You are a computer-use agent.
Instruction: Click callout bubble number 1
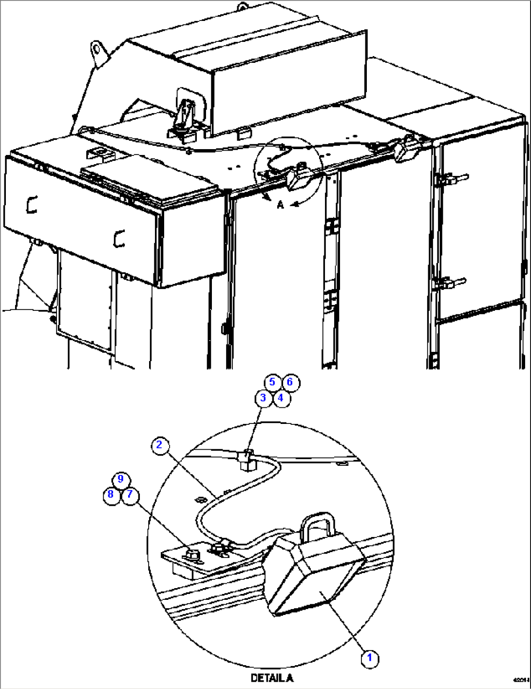[369, 658]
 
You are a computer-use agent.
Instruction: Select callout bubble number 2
[159, 445]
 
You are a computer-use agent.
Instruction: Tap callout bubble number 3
[263, 398]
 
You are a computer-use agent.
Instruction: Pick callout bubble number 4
[281, 398]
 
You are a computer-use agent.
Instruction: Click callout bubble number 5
[272, 382]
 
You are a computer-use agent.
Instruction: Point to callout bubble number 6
[290, 382]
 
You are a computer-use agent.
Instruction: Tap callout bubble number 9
[120, 479]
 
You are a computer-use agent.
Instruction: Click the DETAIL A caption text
[272, 678]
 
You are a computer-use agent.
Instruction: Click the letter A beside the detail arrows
[280, 206]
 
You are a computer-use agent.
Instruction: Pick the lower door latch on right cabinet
[451, 283]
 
